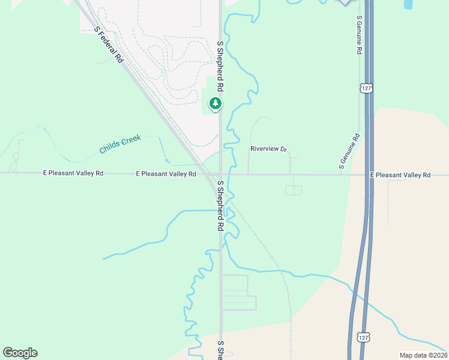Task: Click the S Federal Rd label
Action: click(x=109, y=46)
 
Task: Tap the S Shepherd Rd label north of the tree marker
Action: click(x=220, y=66)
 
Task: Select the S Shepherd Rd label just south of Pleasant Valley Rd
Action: click(x=220, y=205)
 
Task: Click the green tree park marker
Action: click(x=215, y=104)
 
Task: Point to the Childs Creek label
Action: click(x=120, y=143)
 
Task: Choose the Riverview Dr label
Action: click(x=269, y=148)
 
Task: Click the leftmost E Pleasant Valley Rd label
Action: click(x=73, y=173)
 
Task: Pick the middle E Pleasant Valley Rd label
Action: click(x=166, y=174)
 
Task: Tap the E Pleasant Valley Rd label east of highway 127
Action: click(x=400, y=175)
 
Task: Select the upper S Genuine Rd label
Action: click(x=358, y=35)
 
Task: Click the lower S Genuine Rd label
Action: click(x=348, y=151)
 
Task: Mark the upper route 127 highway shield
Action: click(x=366, y=88)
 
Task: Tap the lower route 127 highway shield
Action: click(x=363, y=338)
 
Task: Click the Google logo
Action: click(x=20, y=353)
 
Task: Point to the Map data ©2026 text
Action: click(x=423, y=355)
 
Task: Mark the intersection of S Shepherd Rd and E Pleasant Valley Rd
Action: click(x=220, y=175)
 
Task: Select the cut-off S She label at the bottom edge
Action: click(x=220, y=351)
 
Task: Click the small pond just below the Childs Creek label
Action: click(x=167, y=161)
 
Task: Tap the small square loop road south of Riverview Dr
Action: click(x=294, y=190)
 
